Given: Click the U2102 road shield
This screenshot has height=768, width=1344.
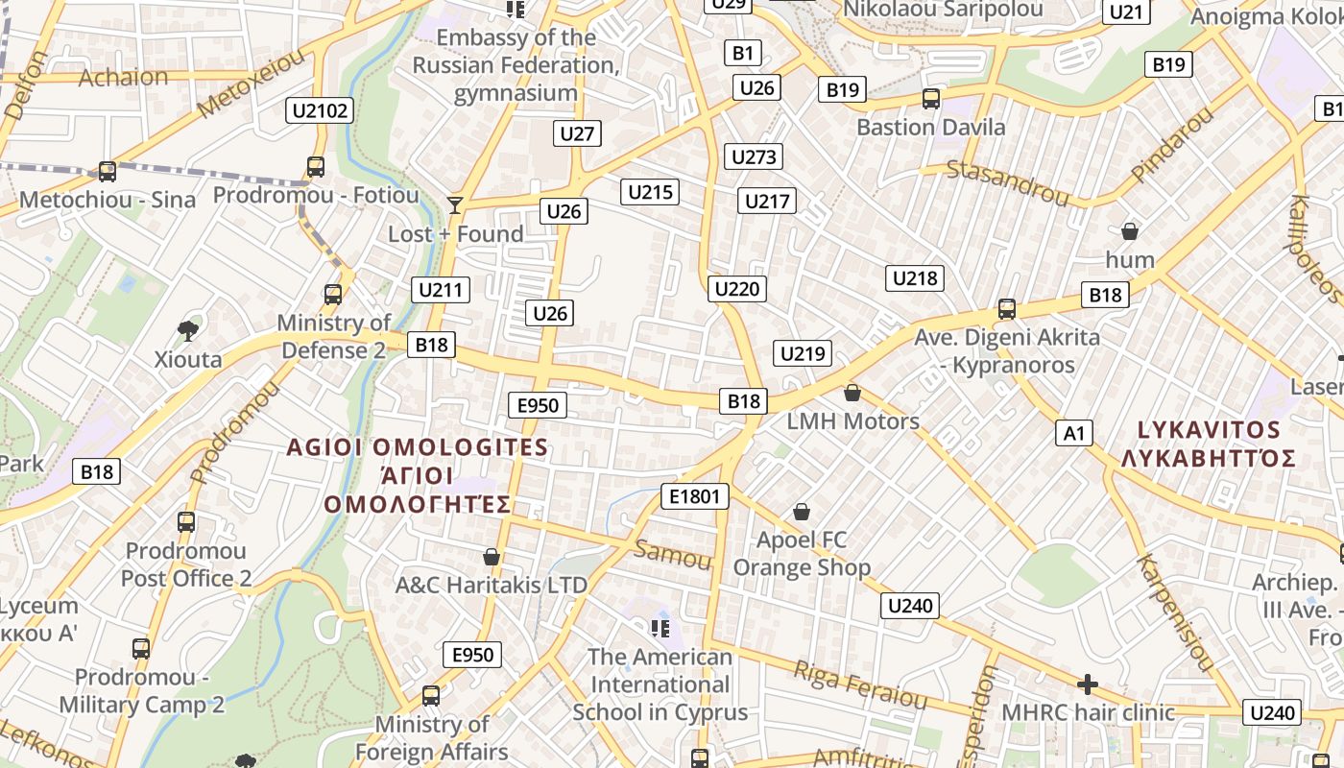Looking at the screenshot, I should pyautogui.click(x=321, y=110).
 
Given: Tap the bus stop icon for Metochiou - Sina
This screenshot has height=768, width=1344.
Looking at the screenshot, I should pyautogui.click(x=108, y=172).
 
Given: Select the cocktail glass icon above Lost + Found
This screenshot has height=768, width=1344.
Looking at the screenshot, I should pyautogui.click(x=455, y=204).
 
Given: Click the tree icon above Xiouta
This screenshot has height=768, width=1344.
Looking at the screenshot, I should pyautogui.click(x=188, y=331).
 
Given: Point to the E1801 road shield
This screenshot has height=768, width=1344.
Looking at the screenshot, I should pyautogui.click(x=695, y=496).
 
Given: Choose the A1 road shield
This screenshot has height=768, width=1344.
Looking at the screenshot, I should pyautogui.click(x=1074, y=433).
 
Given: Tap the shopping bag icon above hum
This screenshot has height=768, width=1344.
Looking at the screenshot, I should pyautogui.click(x=1130, y=231).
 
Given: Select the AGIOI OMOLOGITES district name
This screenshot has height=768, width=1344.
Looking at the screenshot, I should pyautogui.click(x=418, y=447).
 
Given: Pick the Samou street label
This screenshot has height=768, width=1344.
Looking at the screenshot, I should pyautogui.click(x=673, y=554).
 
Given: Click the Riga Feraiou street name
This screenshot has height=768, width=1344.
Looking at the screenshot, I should pyautogui.click(x=860, y=684).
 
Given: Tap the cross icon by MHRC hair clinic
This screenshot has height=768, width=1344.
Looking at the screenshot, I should pyautogui.click(x=1088, y=684).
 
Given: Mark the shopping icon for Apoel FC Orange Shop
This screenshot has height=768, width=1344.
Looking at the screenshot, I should pyautogui.click(x=802, y=513).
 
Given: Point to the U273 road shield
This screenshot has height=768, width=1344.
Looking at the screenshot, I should pyautogui.click(x=753, y=156).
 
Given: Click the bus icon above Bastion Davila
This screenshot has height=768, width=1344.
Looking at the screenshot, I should pyautogui.click(x=930, y=99).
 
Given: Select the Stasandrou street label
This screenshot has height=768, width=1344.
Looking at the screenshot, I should pyautogui.click(x=1007, y=183).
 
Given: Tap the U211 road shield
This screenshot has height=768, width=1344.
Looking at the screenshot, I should pyautogui.click(x=442, y=289).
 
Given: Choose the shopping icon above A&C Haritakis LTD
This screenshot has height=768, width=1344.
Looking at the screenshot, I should pyautogui.click(x=492, y=557).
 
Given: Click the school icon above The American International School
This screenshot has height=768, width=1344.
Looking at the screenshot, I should pyautogui.click(x=660, y=629).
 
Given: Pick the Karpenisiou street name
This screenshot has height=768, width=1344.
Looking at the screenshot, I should pyautogui.click(x=1176, y=612).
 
